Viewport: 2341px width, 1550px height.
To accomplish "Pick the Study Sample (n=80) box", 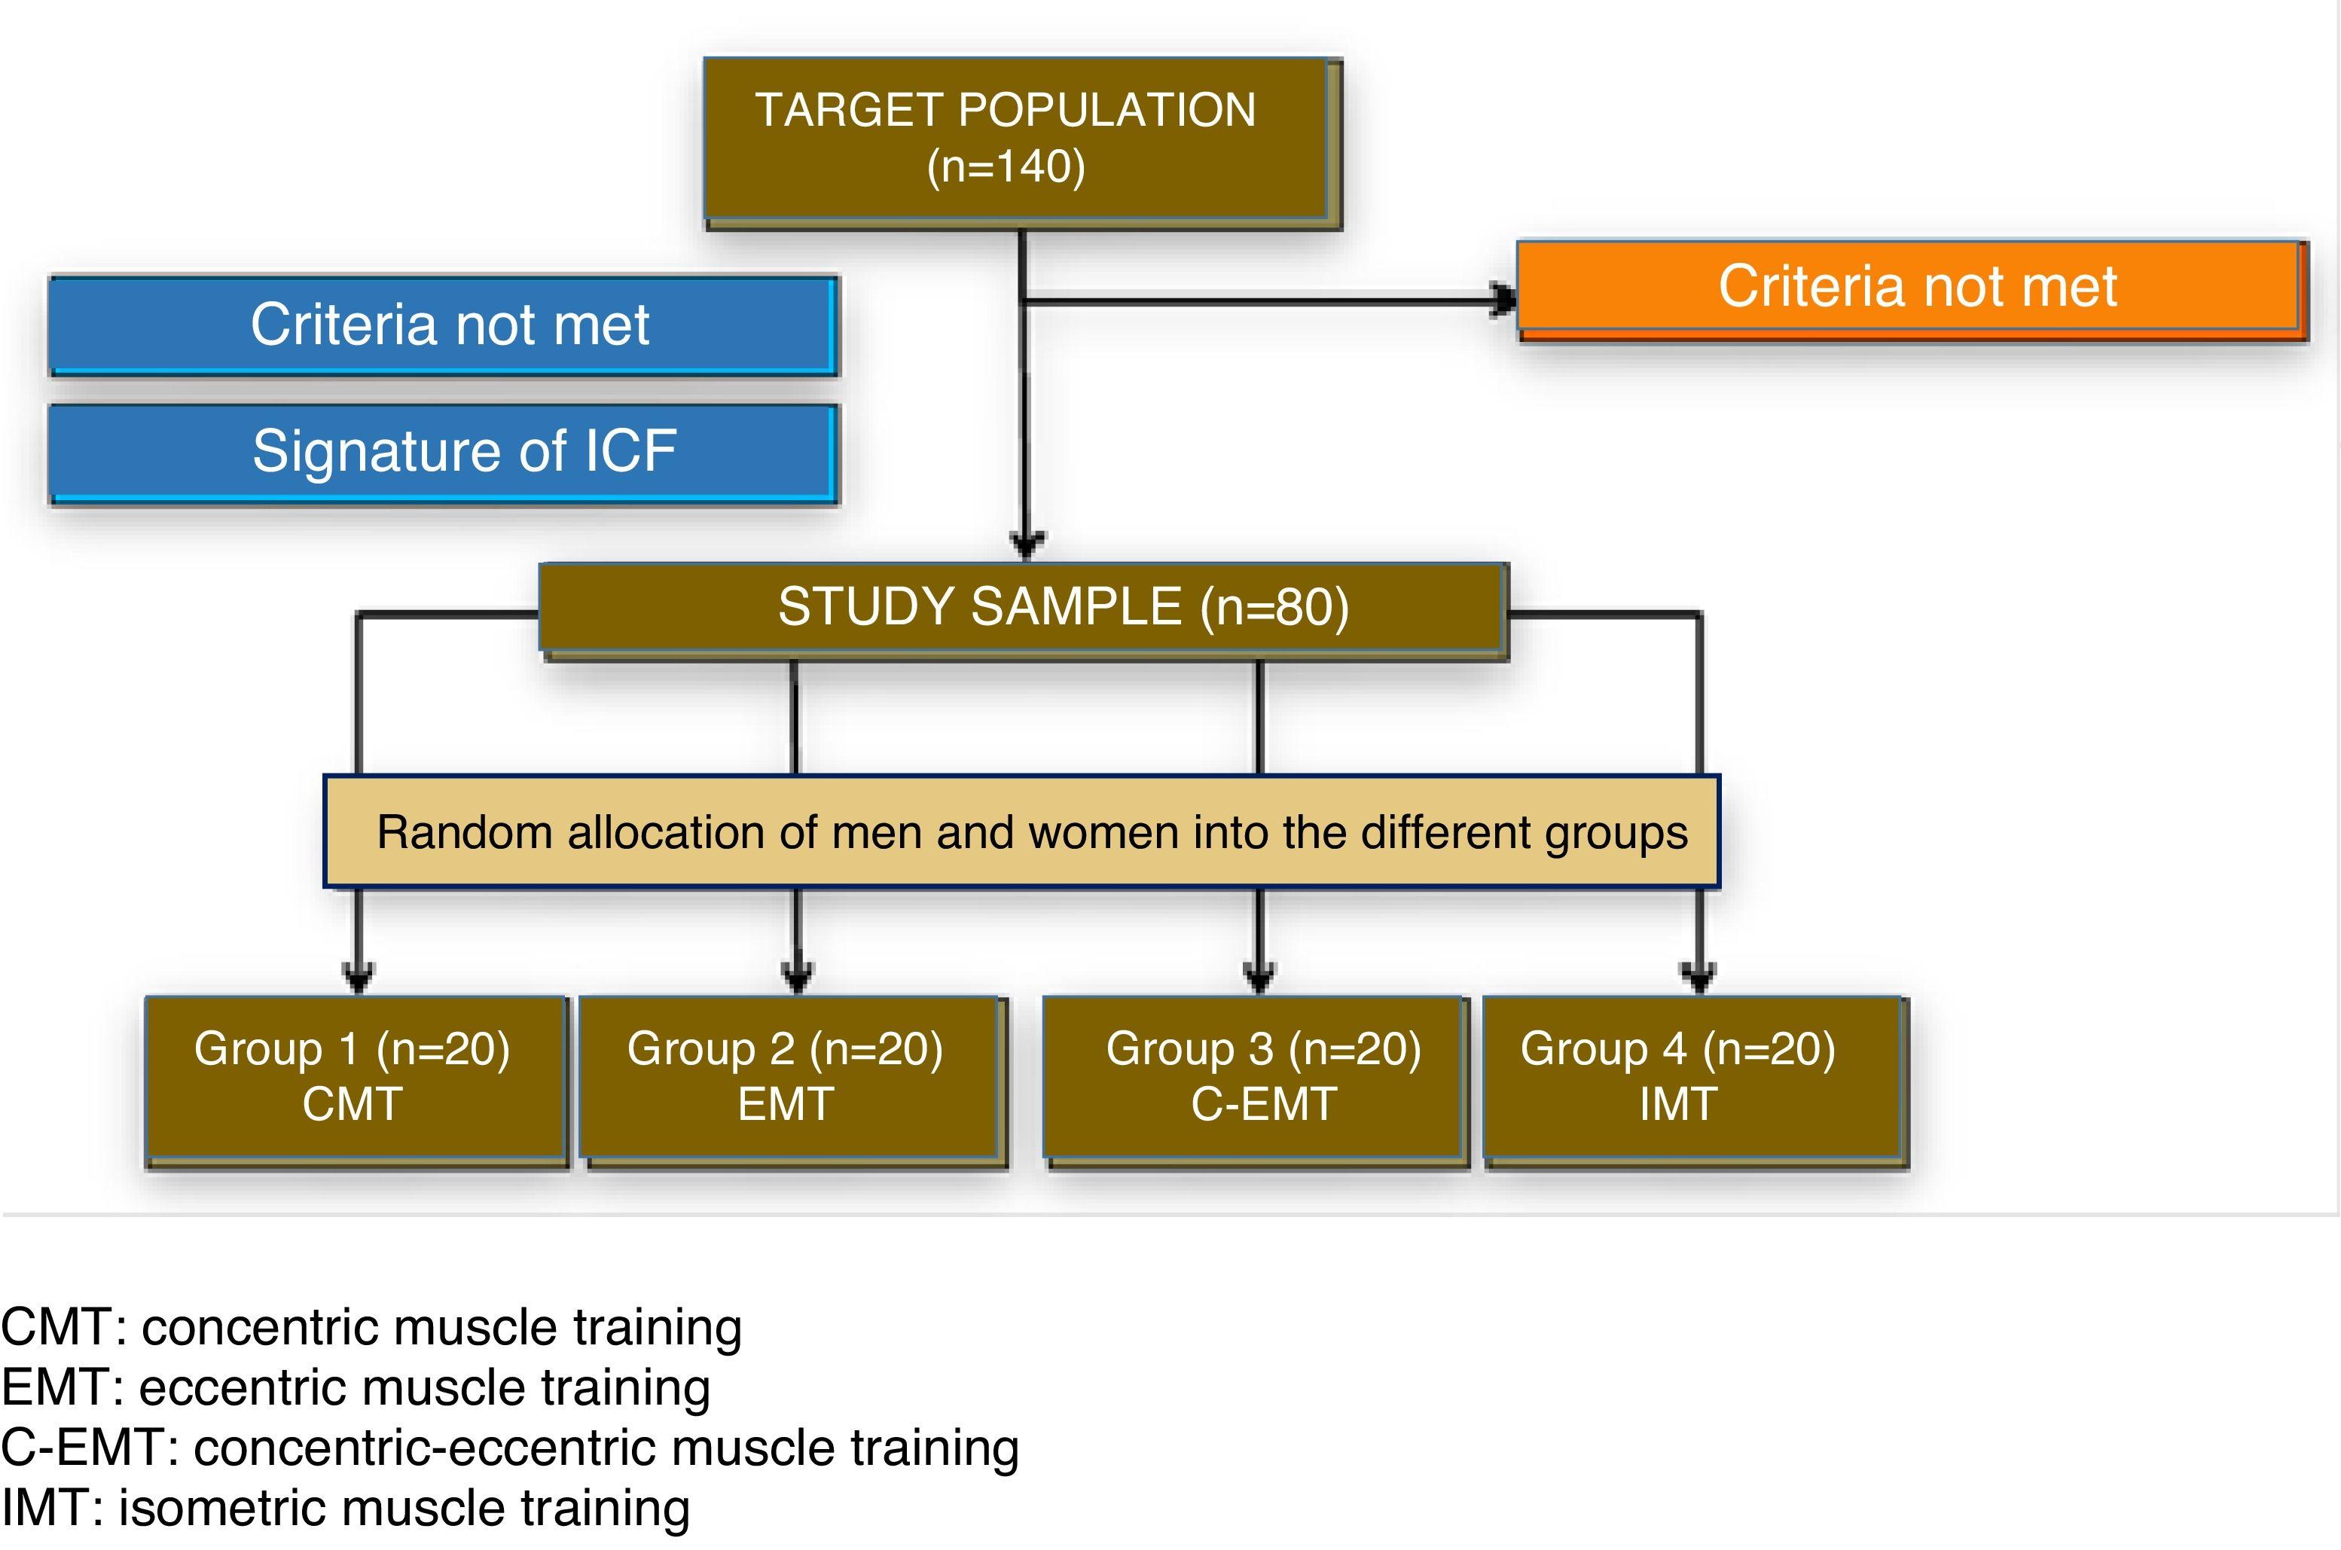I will pyautogui.click(x=1023, y=607).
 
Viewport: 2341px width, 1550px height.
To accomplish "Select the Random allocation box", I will pyautogui.click(x=1023, y=832).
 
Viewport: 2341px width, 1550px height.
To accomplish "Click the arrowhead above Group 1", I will pyautogui.click(x=358, y=977).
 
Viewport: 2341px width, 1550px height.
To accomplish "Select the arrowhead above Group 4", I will pyautogui.click(x=1699, y=977).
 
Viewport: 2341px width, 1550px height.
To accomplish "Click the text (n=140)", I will pyautogui.click(x=1006, y=166).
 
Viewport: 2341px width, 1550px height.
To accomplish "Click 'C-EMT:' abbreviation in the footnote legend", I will pyautogui.click(x=89, y=1448).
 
